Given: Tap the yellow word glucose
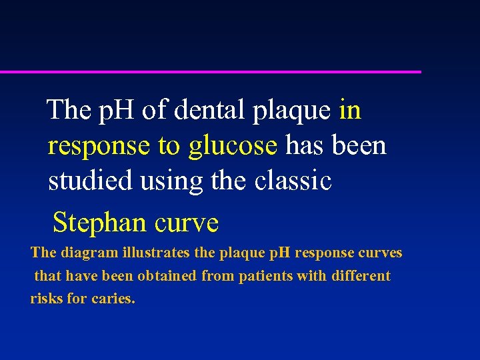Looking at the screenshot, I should (233, 145).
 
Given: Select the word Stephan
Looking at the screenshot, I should (100, 223).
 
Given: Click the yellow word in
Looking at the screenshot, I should (350, 110).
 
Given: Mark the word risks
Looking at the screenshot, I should (46, 299).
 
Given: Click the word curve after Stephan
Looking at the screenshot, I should (186, 223).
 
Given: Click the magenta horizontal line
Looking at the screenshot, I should (211, 71).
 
